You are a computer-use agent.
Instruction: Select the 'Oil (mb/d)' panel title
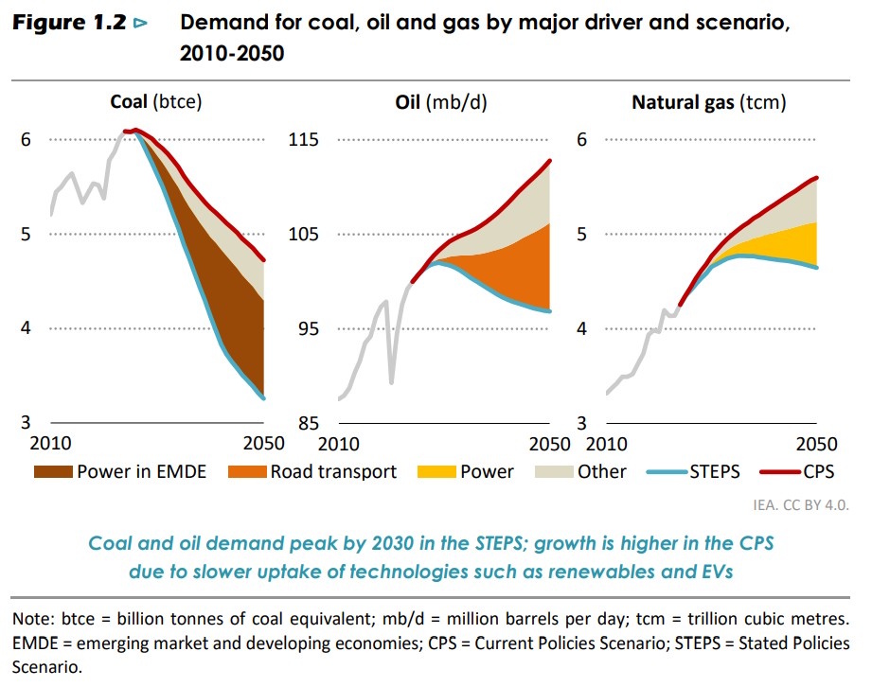(440, 102)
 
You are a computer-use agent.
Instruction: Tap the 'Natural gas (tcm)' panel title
(708, 102)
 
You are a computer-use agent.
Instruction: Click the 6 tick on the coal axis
(27, 140)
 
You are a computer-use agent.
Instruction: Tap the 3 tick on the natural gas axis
(583, 423)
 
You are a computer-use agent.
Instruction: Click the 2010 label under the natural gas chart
(608, 444)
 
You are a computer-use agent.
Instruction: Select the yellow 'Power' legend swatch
(439, 471)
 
